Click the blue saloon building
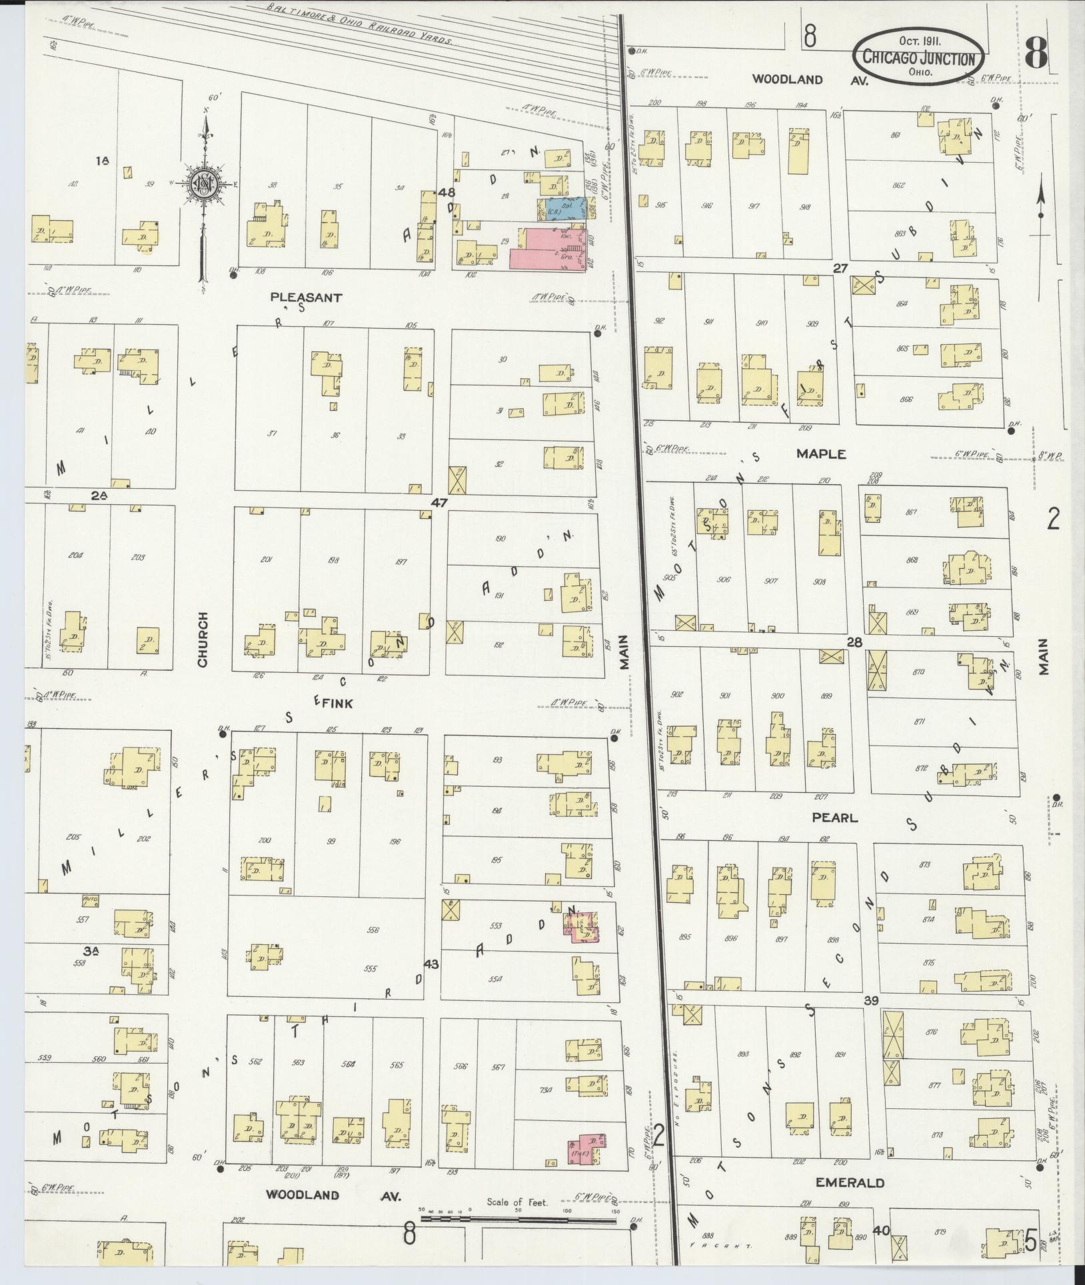click(562, 209)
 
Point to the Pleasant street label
click(307, 297)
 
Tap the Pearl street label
click(834, 817)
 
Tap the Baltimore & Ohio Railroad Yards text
click(360, 25)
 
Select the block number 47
click(439, 503)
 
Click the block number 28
click(854, 643)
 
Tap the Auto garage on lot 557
click(90, 900)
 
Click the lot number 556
click(373, 930)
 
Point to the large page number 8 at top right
click(1036, 52)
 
